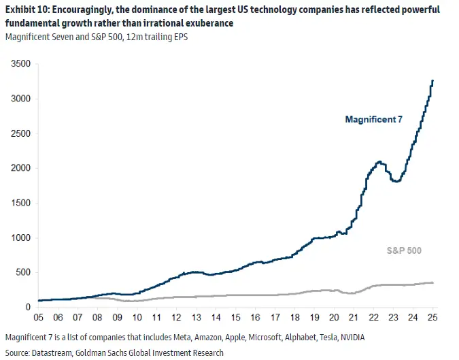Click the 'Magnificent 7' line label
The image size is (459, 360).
click(x=373, y=120)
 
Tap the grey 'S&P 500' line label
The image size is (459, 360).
click(x=405, y=250)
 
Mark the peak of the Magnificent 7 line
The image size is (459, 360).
click(x=433, y=81)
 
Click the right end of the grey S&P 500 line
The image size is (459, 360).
click(x=433, y=282)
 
